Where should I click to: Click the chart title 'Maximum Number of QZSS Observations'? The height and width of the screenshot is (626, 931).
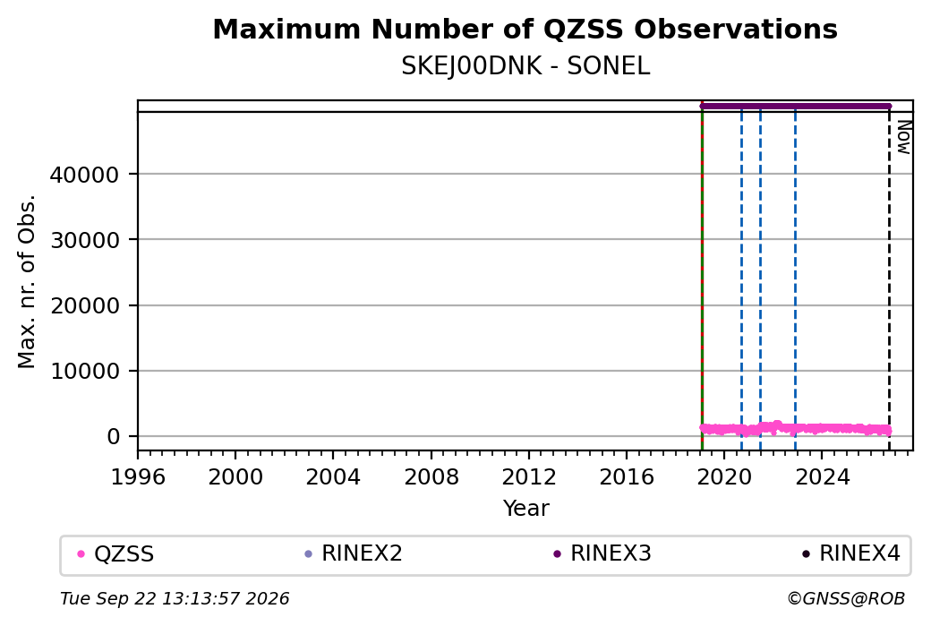(x=525, y=30)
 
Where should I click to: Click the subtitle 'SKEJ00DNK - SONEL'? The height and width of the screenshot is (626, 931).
(x=525, y=66)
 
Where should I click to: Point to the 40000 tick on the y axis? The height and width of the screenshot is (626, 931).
(x=85, y=175)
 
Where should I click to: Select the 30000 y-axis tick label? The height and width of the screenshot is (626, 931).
(x=85, y=240)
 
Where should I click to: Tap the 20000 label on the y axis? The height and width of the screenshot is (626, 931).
(x=85, y=305)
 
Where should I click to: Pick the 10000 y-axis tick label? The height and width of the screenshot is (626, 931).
(x=85, y=371)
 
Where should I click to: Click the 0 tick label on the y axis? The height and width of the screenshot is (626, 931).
(x=114, y=436)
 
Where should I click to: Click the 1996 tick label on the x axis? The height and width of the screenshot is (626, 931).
(x=138, y=477)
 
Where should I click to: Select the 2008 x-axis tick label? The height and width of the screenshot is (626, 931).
(x=431, y=477)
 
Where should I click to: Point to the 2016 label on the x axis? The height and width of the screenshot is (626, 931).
(x=627, y=477)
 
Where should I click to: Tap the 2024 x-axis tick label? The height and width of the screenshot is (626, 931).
(x=822, y=477)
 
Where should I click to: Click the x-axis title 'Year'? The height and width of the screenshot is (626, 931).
(x=526, y=509)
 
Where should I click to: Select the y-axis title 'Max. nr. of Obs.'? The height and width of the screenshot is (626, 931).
(x=27, y=281)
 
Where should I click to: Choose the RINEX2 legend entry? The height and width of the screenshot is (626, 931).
(x=354, y=553)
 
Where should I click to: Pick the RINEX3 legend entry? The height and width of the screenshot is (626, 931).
(x=602, y=553)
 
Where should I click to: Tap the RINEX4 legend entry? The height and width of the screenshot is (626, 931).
(x=850, y=553)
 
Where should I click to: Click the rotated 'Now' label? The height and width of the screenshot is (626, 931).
(x=903, y=137)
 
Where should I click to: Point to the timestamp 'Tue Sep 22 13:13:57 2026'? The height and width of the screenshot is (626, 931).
(x=175, y=598)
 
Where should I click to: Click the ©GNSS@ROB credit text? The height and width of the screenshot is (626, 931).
(x=846, y=598)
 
